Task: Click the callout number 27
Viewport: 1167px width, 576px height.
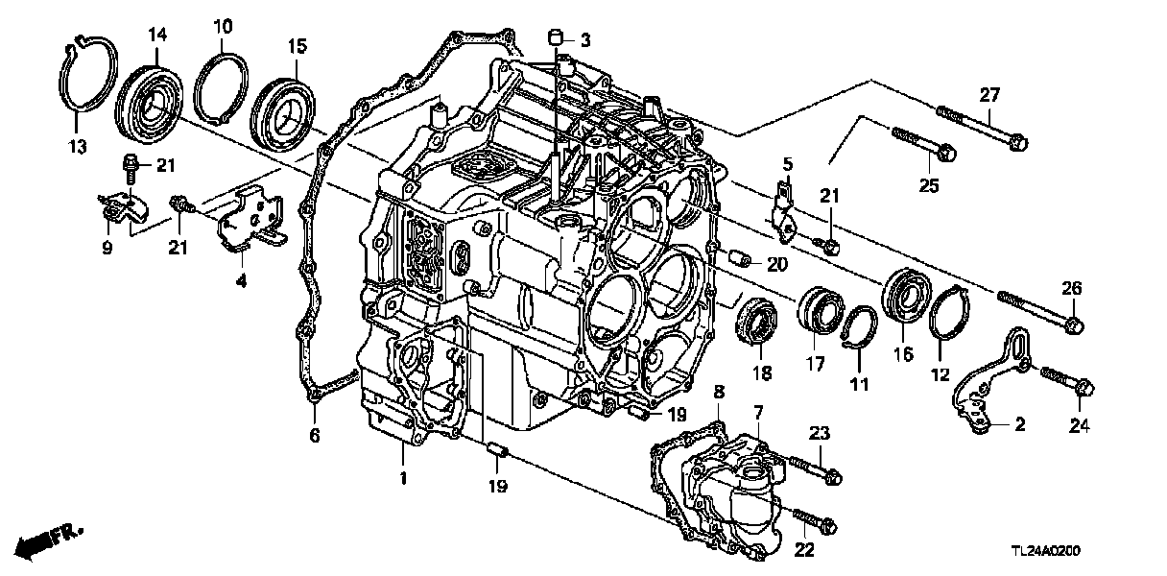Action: (989, 94)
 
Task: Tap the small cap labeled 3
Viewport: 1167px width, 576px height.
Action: (555, 39)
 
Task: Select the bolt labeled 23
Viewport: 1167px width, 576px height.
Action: (814, 468)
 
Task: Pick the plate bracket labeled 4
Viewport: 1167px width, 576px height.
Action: (251, 226)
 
